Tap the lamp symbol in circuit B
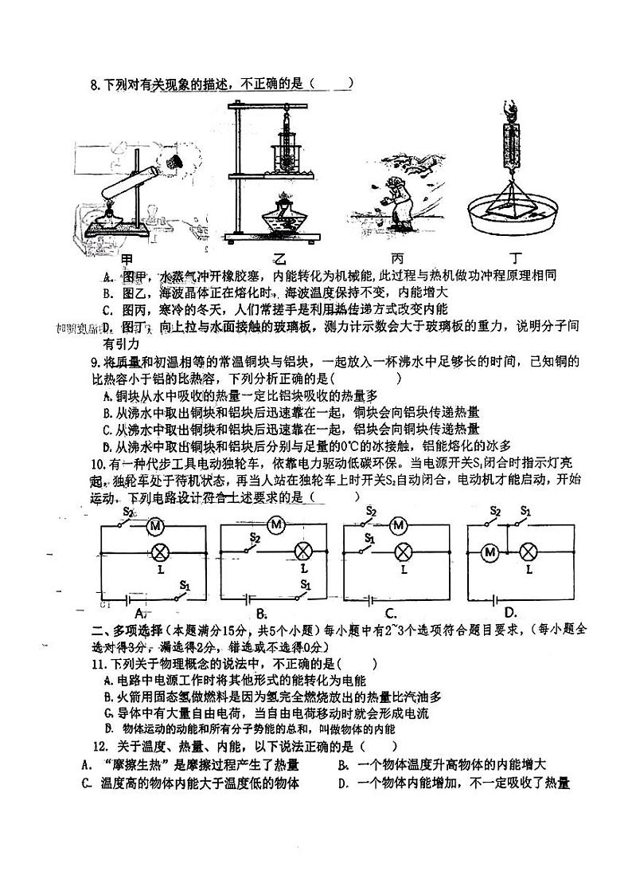tap(303, 551)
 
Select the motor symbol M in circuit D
tap(491, 552)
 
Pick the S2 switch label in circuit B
tap(255, 536)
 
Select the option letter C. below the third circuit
tap(391, 613)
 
